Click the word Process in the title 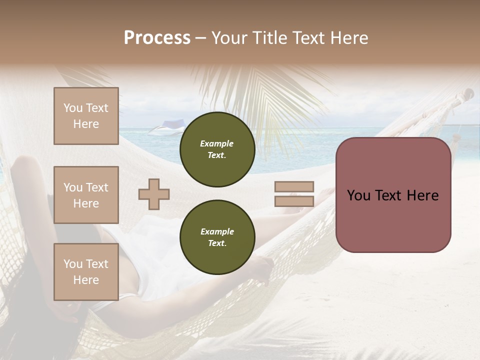157,38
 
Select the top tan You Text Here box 86,116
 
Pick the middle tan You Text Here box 86,195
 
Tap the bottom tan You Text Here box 86,272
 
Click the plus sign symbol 154,194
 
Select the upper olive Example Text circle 217,149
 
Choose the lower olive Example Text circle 217,237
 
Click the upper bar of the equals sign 294,187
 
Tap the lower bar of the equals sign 294,201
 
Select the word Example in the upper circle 217,143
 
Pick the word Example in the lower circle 217,231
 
